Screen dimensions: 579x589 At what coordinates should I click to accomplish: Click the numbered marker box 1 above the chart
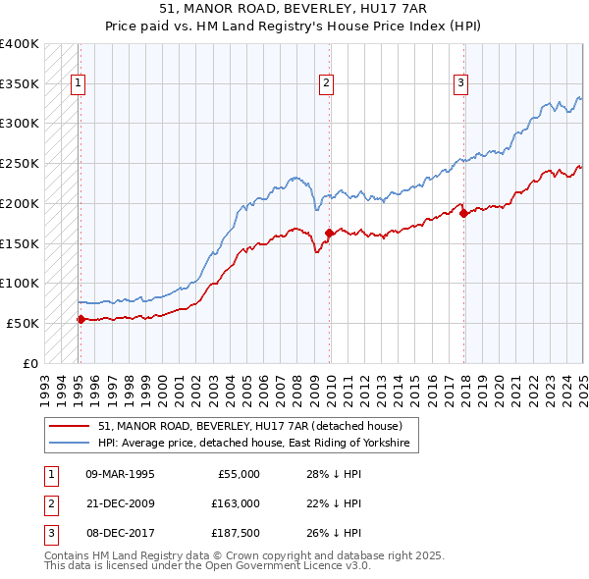pos(77,84)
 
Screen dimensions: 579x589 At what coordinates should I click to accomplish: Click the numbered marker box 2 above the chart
pos(326,84)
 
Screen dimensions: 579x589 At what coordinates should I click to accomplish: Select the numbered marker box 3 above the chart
pos(460,84)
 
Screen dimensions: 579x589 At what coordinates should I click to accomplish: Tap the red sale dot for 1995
pos(80,319)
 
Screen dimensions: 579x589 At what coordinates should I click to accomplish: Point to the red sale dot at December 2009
pos(329,233)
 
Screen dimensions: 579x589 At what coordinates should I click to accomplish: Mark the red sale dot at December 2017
pos(463,213)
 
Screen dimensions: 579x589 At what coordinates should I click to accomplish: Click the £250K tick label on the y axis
pos(20,163)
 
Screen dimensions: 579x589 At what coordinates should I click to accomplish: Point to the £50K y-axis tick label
pos(24,323)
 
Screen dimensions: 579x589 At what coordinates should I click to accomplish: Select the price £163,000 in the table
pos(235,503)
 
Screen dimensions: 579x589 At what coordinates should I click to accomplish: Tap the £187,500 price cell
pos(235,533)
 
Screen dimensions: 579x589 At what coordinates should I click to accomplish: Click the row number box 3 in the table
pos(50,533)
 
